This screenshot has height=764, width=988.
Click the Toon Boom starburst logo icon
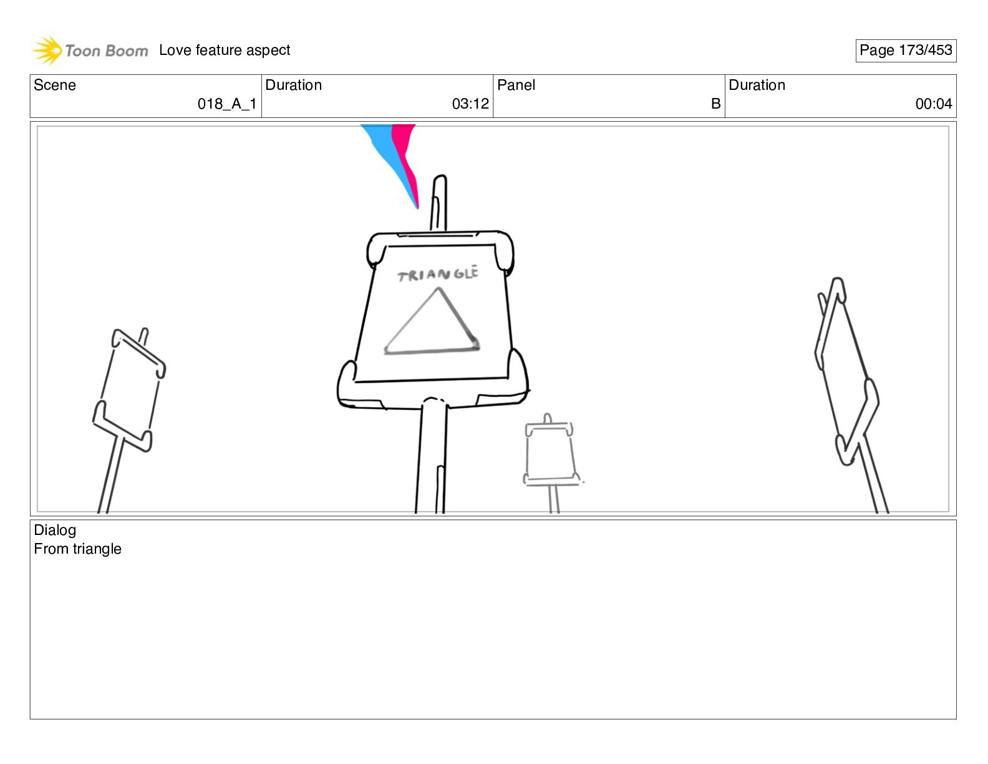(47, 50)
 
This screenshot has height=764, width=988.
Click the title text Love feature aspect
(225, 50)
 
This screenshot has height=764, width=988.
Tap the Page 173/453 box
(906, 51)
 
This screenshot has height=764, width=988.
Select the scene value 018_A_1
(227, 104)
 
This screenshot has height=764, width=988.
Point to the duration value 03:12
(470, 104)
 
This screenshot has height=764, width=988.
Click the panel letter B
(715, 104)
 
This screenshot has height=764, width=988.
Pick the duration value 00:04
(934, 104)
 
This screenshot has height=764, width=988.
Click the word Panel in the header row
(516, 85)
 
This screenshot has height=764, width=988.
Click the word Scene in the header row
(54, 85)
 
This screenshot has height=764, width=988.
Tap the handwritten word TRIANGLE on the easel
(438, 274)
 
